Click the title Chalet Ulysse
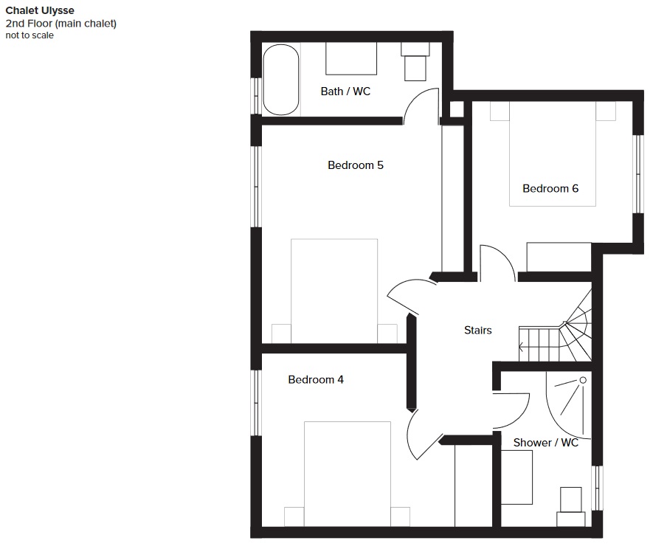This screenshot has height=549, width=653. click(40, 10)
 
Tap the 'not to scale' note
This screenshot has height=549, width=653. click(30, 35)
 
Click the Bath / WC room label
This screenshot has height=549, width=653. click(345, 91)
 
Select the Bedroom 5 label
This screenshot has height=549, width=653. click(355, 165)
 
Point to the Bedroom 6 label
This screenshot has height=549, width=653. click(550, 189)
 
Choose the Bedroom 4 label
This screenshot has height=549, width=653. click(316, 379)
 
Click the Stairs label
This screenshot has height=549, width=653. click(477, 331)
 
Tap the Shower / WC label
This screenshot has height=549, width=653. click(545, 442)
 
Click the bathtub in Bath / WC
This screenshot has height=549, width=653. click(281, 80)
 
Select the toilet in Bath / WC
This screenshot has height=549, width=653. click(415, 62)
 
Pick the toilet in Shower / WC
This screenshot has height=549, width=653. click(571, 507)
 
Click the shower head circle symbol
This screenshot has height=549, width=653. click(583, 380)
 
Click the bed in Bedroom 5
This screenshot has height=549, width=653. click(334, 291)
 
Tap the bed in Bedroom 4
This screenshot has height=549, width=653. click(348, 474)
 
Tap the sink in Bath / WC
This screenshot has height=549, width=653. click(351, 58)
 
